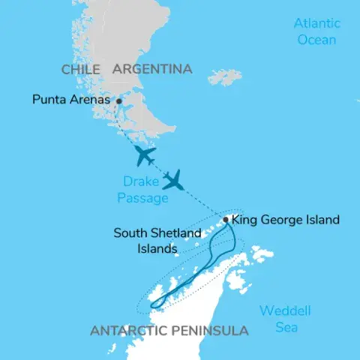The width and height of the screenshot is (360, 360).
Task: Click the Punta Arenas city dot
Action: pyautogui.click(x=118, y=100)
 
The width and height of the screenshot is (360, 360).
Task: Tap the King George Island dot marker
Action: pyautogui.click(x=226, y=220)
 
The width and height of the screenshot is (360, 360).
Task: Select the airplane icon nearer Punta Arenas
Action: pyautogui.click(x=145, y=156)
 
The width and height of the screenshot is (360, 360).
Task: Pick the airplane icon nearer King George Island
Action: pyautogui.click(x=175, y=180)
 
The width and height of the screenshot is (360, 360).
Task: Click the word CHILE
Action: pyautogui.click(x=81, y=69)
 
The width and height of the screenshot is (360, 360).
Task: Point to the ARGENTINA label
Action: pyautogui.click(x=152, y=69)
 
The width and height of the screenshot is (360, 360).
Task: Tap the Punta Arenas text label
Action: pyautogui.click(x=72, y=99)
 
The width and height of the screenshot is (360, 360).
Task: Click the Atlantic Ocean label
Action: pyautogui.click(x=316, y=31)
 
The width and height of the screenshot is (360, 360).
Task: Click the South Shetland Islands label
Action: pyautogui.click(x=157, y=240)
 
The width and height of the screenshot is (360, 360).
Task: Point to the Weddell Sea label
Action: pyautogui.click(x=285, y=319)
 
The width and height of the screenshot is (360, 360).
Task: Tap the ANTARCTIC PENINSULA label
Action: pyautogui.click(x=169, y=331)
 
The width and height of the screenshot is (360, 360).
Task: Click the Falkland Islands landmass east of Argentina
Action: pyautogui.click(x=225, y=77)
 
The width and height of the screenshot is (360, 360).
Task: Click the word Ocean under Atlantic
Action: pyautogui.click(x=316, y=38)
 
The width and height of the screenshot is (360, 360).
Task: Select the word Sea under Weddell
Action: pyautogui.click(x=285, y=327)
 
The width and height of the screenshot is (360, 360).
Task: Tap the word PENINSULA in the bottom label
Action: pyautogui.click(x=213, y=331)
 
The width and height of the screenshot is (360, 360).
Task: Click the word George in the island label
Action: pyautogui.click(x=280, y=220)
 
